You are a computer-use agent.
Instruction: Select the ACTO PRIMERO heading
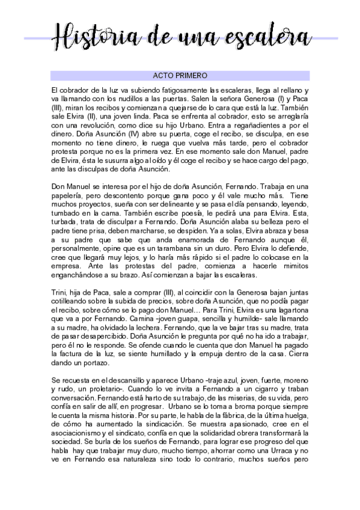pyautogui.click(x=180, y=76)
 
